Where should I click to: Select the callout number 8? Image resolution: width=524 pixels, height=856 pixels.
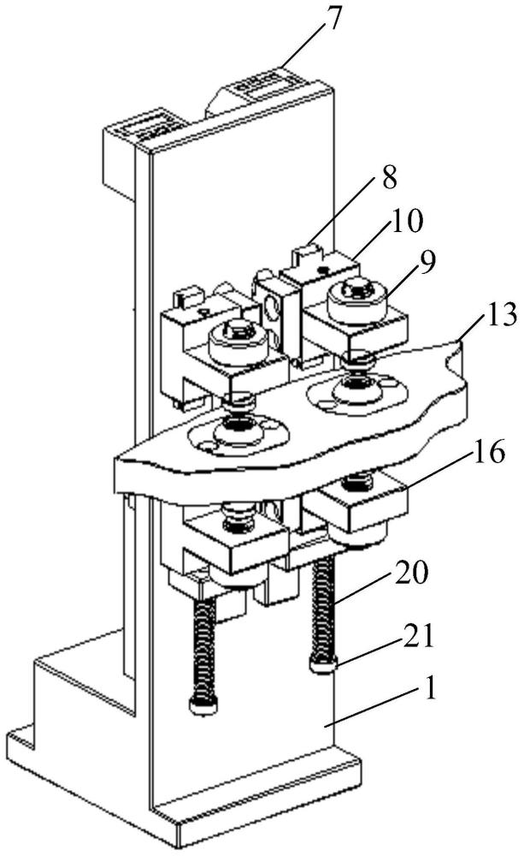click(x=389, y=179)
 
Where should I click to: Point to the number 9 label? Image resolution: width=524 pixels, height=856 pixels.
click(x=427, y=263)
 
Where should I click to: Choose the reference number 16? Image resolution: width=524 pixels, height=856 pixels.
click(x=488, y=453)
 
